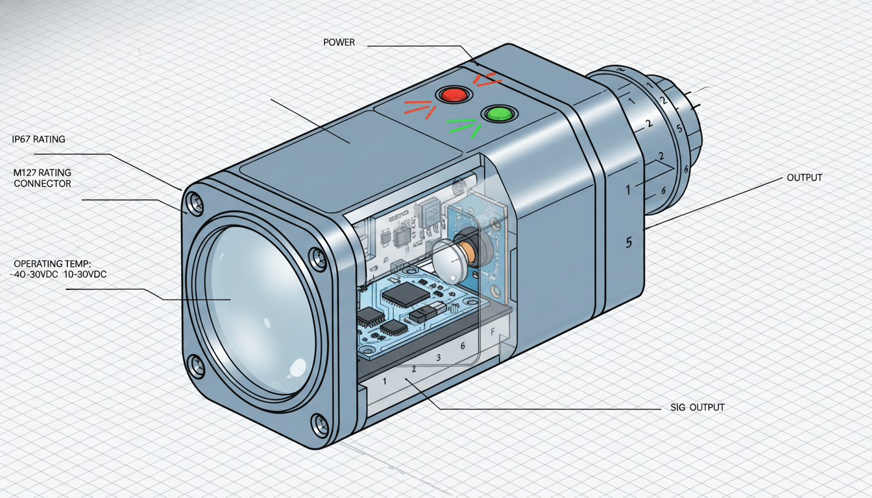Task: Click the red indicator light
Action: pyautogui.click(x=454, y=95)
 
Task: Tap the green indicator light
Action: pyautogui.click(x=500, y=113)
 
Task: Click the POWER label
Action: pyautogui.click(x=339, y=42)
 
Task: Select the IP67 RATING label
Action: pyautogui.click(x=38, y=139)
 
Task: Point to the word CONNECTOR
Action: pyautogui.click(x=42, y=184)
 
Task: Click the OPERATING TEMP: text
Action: pyautogui.click(x=52, y=264)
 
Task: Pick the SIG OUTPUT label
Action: pyautogui.click(x=697, y=407)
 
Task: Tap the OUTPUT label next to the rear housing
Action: pyautogui.click(x=805, y=178)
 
